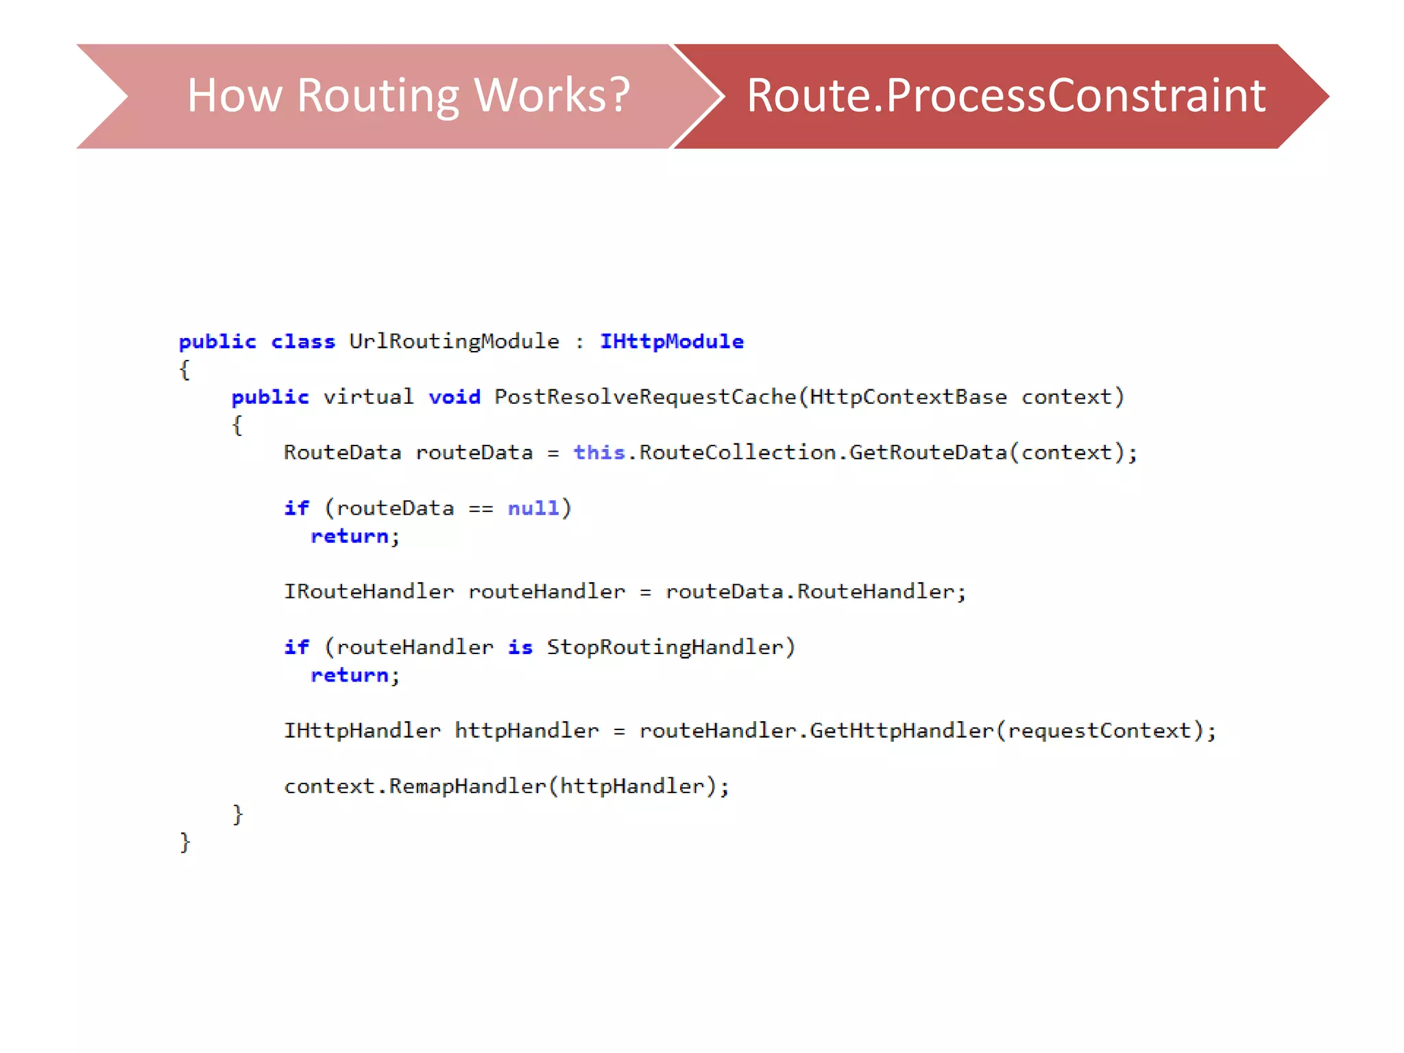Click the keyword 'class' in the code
pyautogui.click(x=303, y=341)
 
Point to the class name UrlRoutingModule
pyautogui.click(x=454, y=341)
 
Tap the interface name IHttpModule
pyautogui.click(x=672, y=341)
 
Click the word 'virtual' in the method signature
pyautogui.click(x=368, y=397)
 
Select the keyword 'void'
pyautogui.click(x=455, y=397)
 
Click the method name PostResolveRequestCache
pyautogui.click(x=645, y=397)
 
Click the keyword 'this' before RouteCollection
pyautogui.click(x=599, y=452)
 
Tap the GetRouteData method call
pyautogui.click(x=928, y=452)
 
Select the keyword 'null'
pyautogui.click(x=533, y=508)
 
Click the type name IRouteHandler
pyautogui.click(x=369, y=592)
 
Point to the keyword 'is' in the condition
pyautogui.click(x=520, y=647)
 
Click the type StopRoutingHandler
pyautogui.click(x=665, y=647)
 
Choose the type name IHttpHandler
pyautogui.click(x=362, y=731)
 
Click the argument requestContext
pyautogui.click(x=1100, y=731)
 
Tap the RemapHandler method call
pyautogui.click(x=468, y=786)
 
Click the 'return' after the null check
pyautogui.click(x=350, y=536)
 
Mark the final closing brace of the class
pyautogui.click(x=184, y=842)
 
